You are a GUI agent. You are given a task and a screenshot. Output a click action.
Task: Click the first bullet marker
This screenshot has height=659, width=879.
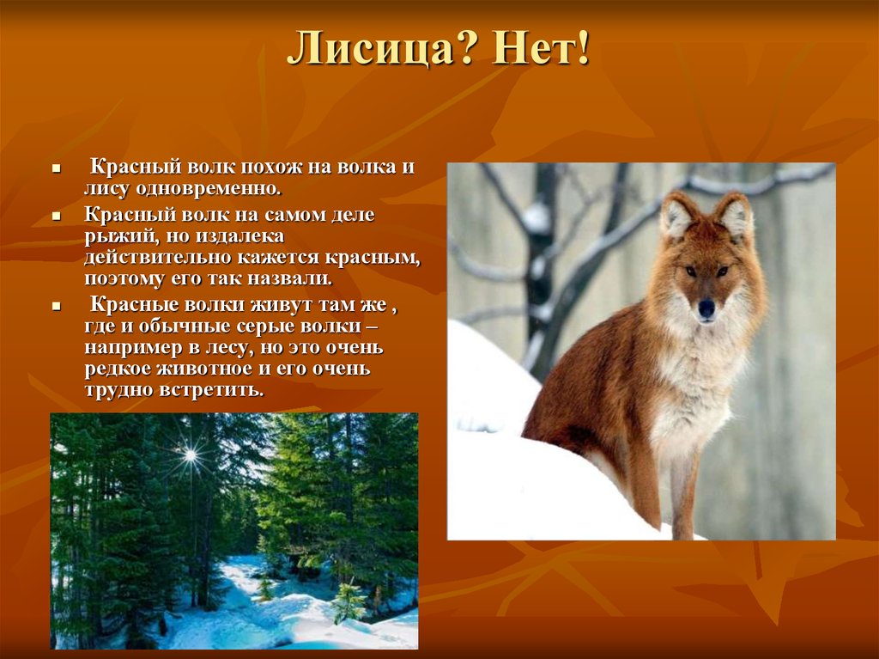[x=56, y=168]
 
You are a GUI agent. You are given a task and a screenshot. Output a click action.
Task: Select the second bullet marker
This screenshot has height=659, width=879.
[x=56, y=216]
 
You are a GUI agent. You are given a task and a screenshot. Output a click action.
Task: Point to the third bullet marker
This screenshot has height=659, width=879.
[x=56, y=307]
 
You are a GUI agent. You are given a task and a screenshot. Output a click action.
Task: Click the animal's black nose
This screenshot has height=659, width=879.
[x=706, y=308]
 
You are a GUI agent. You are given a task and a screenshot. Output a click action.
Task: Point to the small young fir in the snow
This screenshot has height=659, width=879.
[x=349, y=602]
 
